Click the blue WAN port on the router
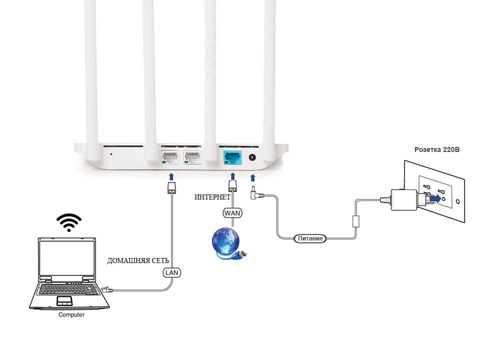[232, 157]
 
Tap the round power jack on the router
[252, 157]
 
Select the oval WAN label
[232, 213]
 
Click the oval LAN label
[171, 272]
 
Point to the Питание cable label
[310, 238]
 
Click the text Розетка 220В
[437, 149]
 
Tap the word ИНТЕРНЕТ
[212, 197]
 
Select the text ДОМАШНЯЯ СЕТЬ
[138, 260]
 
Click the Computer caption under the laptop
[71, 314]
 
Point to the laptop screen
[67, 257]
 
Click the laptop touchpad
[64, 300]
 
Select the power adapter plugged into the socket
[404, 199]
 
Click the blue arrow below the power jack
[252, 178]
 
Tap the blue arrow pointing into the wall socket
[434, 198]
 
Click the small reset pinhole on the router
[111, 154]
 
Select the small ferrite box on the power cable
[355, 221]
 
